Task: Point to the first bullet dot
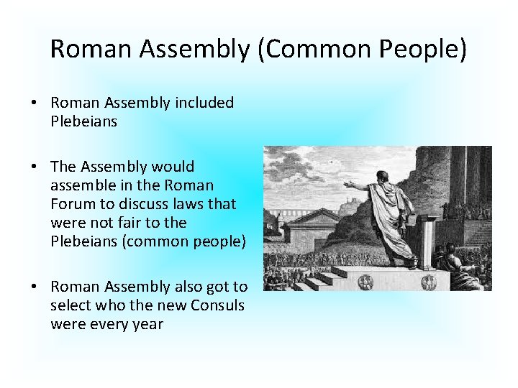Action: click(35, 103)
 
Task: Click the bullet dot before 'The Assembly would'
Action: click(35, 167)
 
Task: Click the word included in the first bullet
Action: click(204, 103)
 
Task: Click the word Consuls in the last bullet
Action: click(218, 305)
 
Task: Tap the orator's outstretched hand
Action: click(349, 185)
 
